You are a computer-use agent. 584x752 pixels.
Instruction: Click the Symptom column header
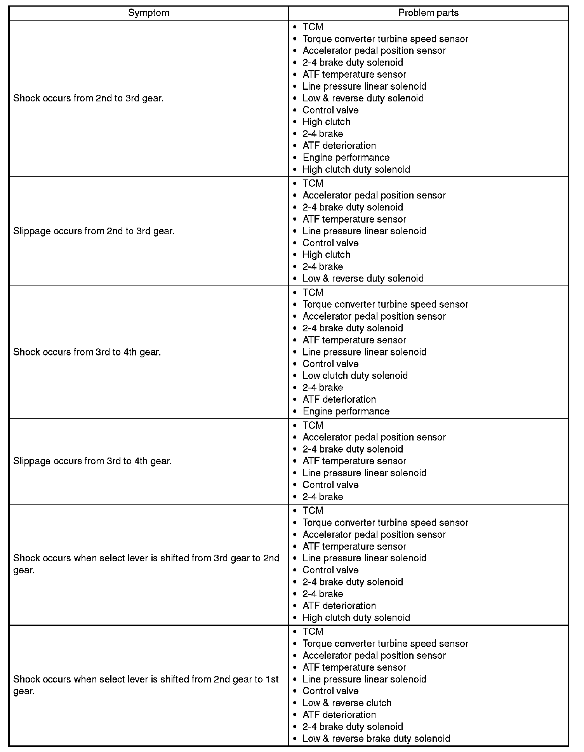click(x=149, y=13)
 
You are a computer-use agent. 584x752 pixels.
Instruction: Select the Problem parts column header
click(x=428, y=13)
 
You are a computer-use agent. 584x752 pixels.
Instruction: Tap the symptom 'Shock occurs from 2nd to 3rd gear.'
click(x=88, y=98)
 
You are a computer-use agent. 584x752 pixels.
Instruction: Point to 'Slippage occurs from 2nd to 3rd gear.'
click(x=94, y=231)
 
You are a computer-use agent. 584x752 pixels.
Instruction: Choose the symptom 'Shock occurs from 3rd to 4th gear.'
click(x=87, y=352)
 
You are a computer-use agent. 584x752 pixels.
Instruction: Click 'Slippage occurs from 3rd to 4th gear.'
click(x=92, y=461)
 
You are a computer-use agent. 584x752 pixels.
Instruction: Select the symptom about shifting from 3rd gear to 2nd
click(x=146, y=564)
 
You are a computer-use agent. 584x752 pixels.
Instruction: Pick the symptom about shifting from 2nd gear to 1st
click(x=146, y=685)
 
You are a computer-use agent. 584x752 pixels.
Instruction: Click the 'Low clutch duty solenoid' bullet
click(x=355, y=376)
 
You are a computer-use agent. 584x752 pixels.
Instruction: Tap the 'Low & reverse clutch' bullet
click(x=347, y=703)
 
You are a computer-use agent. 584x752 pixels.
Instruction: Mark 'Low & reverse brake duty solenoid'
click(x=376, y=738)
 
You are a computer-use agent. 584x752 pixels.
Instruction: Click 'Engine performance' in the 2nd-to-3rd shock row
click(x=346, y=158)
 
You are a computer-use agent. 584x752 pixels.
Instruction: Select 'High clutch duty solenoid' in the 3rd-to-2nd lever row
click(x=356, y=618)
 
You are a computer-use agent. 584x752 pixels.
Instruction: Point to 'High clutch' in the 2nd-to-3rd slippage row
click(x=326, y=255)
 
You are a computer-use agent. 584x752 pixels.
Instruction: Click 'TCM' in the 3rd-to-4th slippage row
click(x=313, y=425)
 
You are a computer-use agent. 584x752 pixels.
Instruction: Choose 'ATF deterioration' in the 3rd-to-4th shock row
click(x=339, y=399)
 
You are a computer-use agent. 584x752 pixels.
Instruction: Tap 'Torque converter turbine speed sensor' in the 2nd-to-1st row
click(x=385, y=644)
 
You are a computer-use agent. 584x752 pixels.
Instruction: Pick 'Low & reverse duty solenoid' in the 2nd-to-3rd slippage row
click(x=363, y=279)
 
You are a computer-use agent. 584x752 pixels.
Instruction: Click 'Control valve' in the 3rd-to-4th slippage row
click(x=330, y=485)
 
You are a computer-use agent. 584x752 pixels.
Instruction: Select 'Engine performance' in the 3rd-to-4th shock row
click(x=346, y=411)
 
